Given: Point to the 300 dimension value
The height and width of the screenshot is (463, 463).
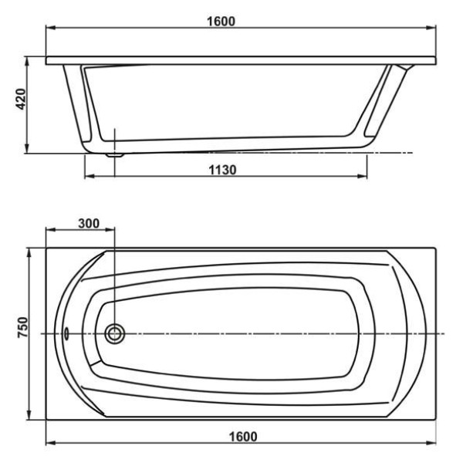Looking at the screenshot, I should pos(89,223).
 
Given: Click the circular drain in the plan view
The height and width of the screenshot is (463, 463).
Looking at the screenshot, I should pos(115,333).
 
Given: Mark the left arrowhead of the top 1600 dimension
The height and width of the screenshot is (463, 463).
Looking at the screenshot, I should pos(49,29).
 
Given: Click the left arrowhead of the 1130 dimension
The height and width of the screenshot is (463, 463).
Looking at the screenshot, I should pos(86,177).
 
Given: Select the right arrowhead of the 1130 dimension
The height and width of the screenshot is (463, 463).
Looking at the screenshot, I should pos(363,177).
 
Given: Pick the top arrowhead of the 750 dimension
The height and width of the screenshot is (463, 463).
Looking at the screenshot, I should pos(29,251).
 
